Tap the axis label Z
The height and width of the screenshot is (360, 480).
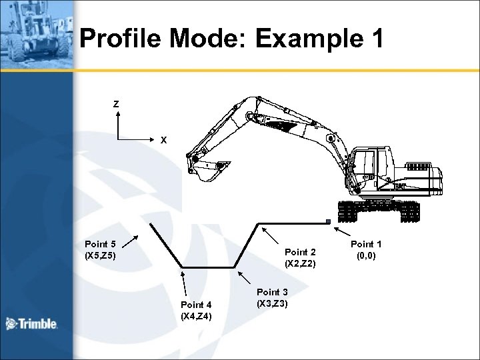pos(116,104)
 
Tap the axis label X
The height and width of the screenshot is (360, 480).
pos(163,140)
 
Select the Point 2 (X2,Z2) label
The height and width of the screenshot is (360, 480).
pos(300,258)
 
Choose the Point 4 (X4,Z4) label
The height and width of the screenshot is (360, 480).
pos(196,311)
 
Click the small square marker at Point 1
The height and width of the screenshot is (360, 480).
pos(328,221)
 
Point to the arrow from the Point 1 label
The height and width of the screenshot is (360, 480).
pos(345,231)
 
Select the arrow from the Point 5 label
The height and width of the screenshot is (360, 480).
pos(131,241)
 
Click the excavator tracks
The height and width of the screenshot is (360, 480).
pos(379,211)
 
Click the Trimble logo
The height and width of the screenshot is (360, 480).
pos(31,325)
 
